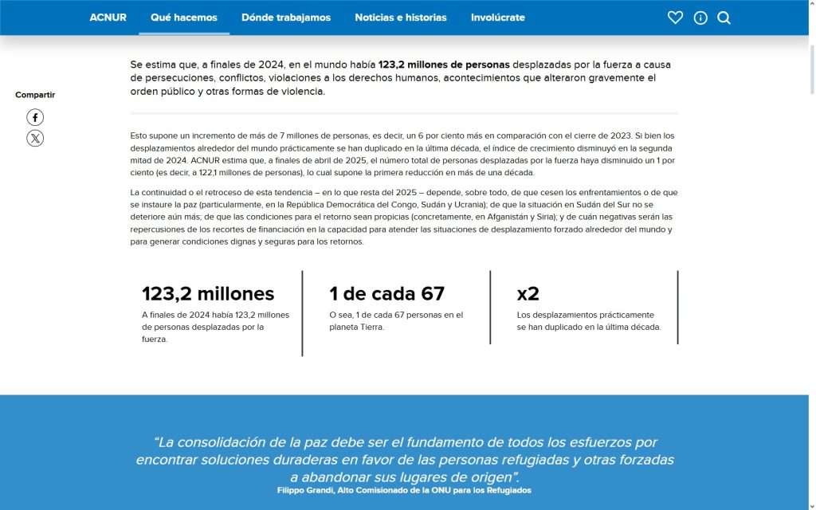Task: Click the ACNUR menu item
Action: (x=108, y=18)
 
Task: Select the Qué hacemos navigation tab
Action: (x=183, y=18)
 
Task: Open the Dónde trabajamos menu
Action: (x=285, y=18)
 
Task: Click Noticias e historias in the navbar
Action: (x=401, y=18)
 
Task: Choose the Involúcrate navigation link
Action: (x=497, y=18)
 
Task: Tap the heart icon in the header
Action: (x=675, y=18)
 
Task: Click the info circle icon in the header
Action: (x=700, y=18)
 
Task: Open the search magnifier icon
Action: (x=724, y=18)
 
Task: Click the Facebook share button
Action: (x=35, y=117)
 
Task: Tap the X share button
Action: (x=35, y=139)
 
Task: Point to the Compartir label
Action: (x=35, y=95)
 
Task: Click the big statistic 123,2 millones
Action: (x=208, y=293)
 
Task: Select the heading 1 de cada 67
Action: (x=386, y=293)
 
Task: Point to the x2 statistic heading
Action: (x=528, y=293)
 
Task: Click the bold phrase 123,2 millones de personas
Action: (x=444, y=64)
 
